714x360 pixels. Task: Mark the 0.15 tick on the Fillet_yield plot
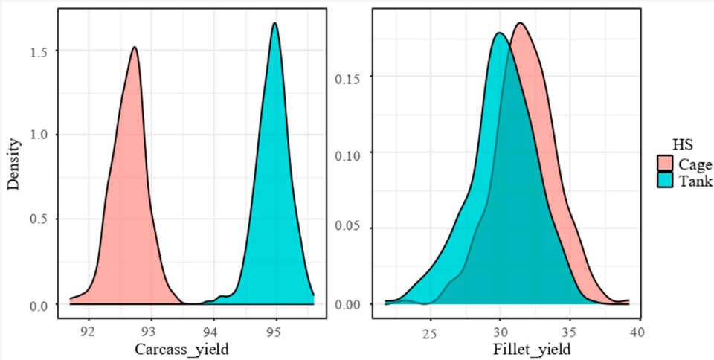(x=352, y=77)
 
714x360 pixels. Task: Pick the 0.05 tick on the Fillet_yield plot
(x=352, y=228)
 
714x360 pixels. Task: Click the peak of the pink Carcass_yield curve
(x=135, y=48)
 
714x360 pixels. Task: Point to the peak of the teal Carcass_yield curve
(x=275, y=23)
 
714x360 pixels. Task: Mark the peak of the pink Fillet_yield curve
(x=520, y=23)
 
